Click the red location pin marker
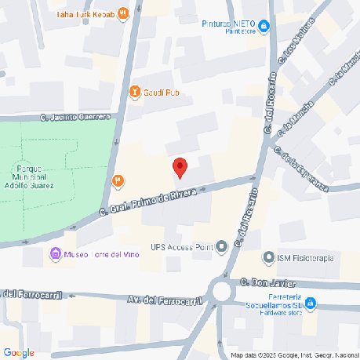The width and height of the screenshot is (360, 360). coord(180,167)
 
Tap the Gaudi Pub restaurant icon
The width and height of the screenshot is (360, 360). coord(135,92)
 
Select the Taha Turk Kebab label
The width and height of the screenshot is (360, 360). coord(87,15)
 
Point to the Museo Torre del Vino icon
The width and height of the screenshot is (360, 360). coord(55,253)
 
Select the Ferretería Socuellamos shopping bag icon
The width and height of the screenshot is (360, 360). coord(311,302)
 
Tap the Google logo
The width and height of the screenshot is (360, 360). coord(19,352)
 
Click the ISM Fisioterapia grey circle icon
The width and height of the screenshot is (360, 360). coord(269,257)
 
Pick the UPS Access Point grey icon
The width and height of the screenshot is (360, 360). coord(222,247)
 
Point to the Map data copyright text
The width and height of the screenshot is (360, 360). coord(289,355)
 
